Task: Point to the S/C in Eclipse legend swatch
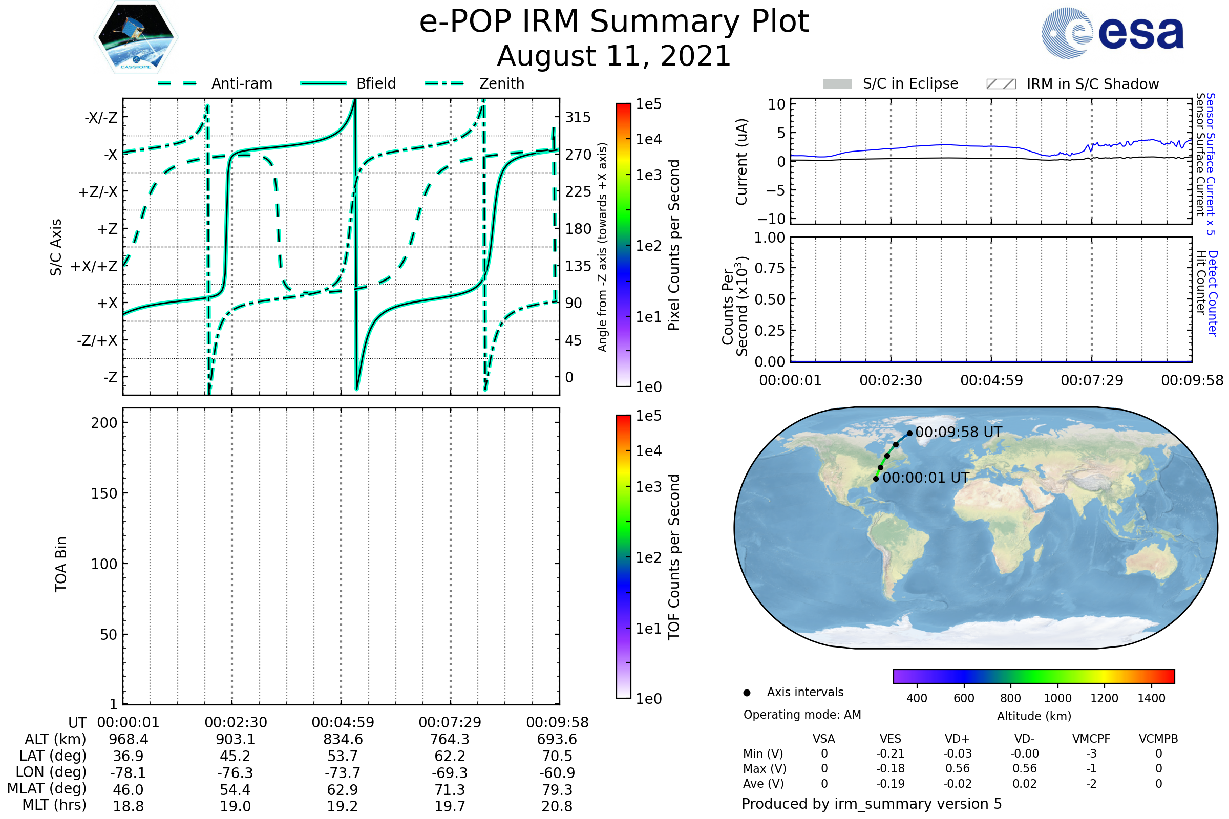837,84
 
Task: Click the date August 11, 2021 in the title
614,56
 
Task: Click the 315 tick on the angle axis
578,117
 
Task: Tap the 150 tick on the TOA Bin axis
104,493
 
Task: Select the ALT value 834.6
343,740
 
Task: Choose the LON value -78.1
128,773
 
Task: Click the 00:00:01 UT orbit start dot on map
876,479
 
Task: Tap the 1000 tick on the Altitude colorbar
1057,698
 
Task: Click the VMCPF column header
1091,739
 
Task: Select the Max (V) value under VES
891,769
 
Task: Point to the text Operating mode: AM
802,715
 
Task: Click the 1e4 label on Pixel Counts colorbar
648,139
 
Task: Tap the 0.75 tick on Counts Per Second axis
769,268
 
